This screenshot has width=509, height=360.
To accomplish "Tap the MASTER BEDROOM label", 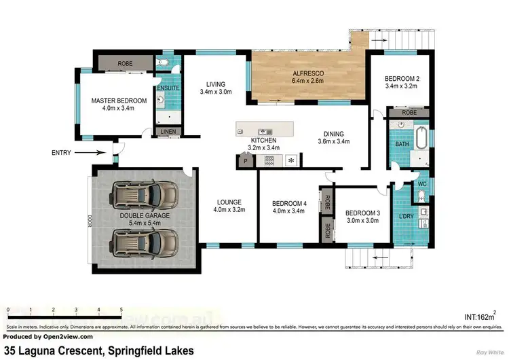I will [119, 101].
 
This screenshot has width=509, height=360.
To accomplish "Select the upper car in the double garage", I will [147, 196].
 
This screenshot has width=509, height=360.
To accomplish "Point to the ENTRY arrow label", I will [60, 153].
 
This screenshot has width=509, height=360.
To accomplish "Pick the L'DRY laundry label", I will [407, 216].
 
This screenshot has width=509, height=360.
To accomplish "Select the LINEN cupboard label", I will [166, 132].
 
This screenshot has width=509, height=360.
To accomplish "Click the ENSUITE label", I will [168, 89].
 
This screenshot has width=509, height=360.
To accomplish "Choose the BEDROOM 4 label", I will [290, 203].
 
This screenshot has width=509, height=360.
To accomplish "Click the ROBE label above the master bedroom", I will [125, 63].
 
